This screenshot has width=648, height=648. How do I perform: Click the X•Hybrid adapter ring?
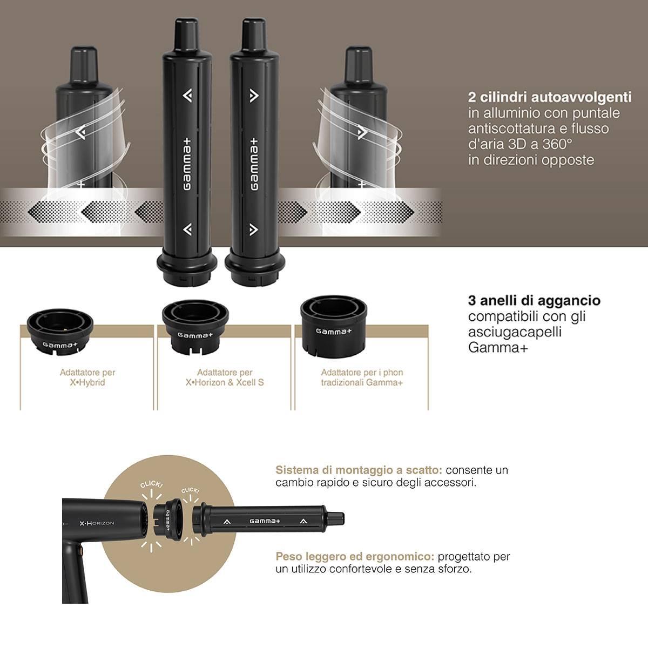[60, 332]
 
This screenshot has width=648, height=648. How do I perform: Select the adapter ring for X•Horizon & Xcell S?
[195, 327]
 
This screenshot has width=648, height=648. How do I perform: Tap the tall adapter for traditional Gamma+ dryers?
[334, 327]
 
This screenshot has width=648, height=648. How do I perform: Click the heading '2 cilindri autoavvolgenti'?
[550, 97]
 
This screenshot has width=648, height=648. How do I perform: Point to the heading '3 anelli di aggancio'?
[534, 300]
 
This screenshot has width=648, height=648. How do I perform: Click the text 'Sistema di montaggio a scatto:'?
[359, 470]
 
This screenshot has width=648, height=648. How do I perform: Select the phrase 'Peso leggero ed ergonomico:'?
[355, 557]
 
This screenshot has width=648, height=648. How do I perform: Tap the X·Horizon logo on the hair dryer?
[97, 523]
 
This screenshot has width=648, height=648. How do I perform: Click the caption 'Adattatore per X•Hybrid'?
[87, 377]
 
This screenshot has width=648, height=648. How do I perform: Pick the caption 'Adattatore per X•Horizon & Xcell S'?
[225, 377]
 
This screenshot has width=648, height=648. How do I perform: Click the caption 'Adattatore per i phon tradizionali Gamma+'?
[362, 377]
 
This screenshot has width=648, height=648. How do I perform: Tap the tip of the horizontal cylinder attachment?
[343, 519]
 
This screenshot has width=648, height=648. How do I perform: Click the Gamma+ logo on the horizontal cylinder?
[265, 521]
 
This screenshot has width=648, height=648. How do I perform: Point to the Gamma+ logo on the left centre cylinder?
[187, 164]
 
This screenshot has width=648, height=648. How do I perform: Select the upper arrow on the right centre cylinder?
[254, 96]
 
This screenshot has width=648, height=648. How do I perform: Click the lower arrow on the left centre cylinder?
[187, 230]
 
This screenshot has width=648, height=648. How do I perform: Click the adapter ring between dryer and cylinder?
[168, 521]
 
